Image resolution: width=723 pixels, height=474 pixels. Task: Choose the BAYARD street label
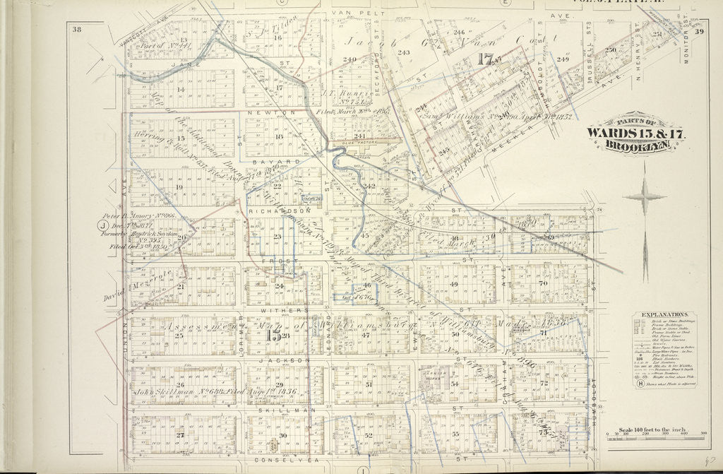click(x=279, y=162)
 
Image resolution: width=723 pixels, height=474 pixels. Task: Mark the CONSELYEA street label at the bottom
click(x=280, y=459)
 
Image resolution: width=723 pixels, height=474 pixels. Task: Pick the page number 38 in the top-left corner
click(x=76, y=29)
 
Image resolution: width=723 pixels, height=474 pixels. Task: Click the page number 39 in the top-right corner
click(x=699, y=31)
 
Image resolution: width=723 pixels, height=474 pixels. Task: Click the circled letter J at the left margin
click(x=102, y=226)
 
